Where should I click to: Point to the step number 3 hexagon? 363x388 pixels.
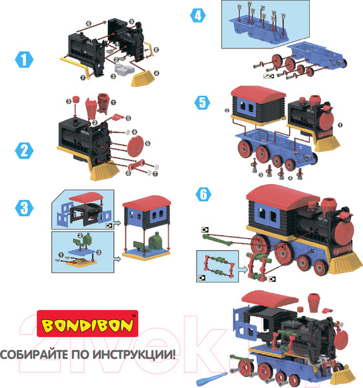click(25, 207)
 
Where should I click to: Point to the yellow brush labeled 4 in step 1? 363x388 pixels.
click(141, 80)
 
